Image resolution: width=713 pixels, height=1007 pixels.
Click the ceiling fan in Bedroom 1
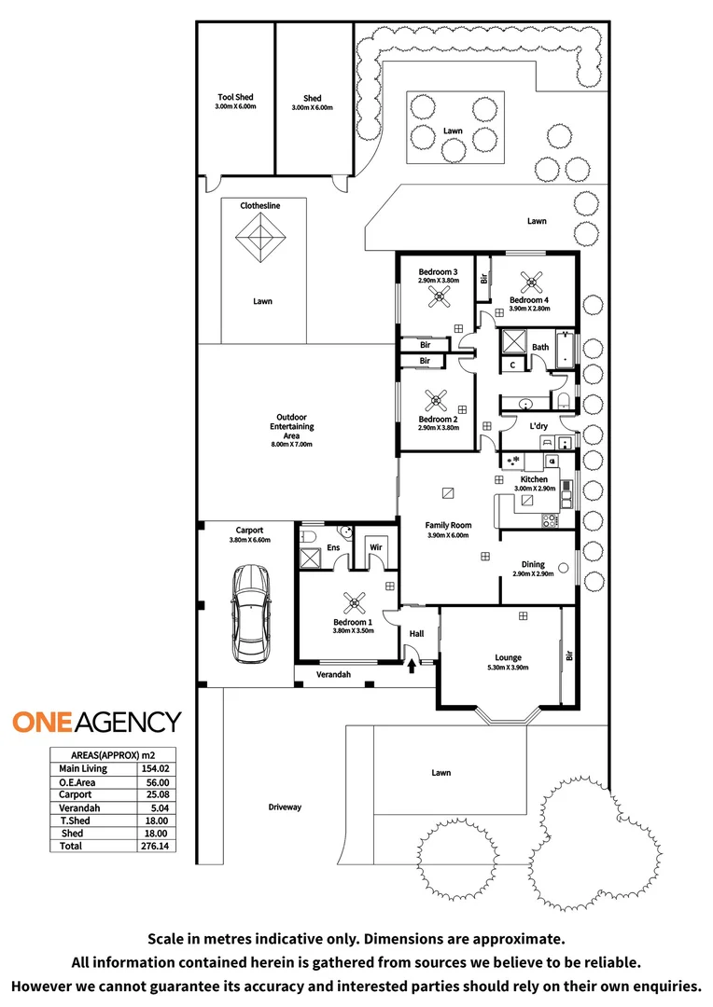353,601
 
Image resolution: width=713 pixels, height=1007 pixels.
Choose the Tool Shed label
235,98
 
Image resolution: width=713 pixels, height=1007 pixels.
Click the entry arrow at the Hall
412,664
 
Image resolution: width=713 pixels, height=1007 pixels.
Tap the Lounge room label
509,657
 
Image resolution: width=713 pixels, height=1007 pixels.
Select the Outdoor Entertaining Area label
291,426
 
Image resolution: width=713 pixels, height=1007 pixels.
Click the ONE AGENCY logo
96,721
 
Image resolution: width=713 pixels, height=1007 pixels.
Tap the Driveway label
285,807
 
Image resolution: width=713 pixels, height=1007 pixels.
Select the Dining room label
533,564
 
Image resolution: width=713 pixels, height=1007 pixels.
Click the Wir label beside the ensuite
376,546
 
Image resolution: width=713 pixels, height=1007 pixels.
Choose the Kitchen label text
534,479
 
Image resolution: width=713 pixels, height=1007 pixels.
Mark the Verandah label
333,674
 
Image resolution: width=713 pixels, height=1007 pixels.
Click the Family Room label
448,525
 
